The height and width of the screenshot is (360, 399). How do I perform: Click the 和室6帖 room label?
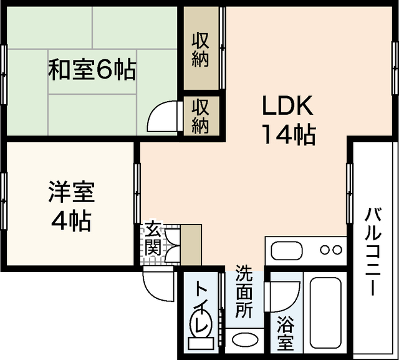92,69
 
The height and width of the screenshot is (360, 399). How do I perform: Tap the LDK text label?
287,107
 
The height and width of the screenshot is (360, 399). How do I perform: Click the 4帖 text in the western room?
72,221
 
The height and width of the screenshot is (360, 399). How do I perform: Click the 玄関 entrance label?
153,239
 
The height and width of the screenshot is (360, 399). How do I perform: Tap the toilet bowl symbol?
200,329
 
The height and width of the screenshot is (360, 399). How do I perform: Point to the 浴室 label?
286,334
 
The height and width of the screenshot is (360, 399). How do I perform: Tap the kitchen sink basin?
286,250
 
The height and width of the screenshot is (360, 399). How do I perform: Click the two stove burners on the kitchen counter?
330,250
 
